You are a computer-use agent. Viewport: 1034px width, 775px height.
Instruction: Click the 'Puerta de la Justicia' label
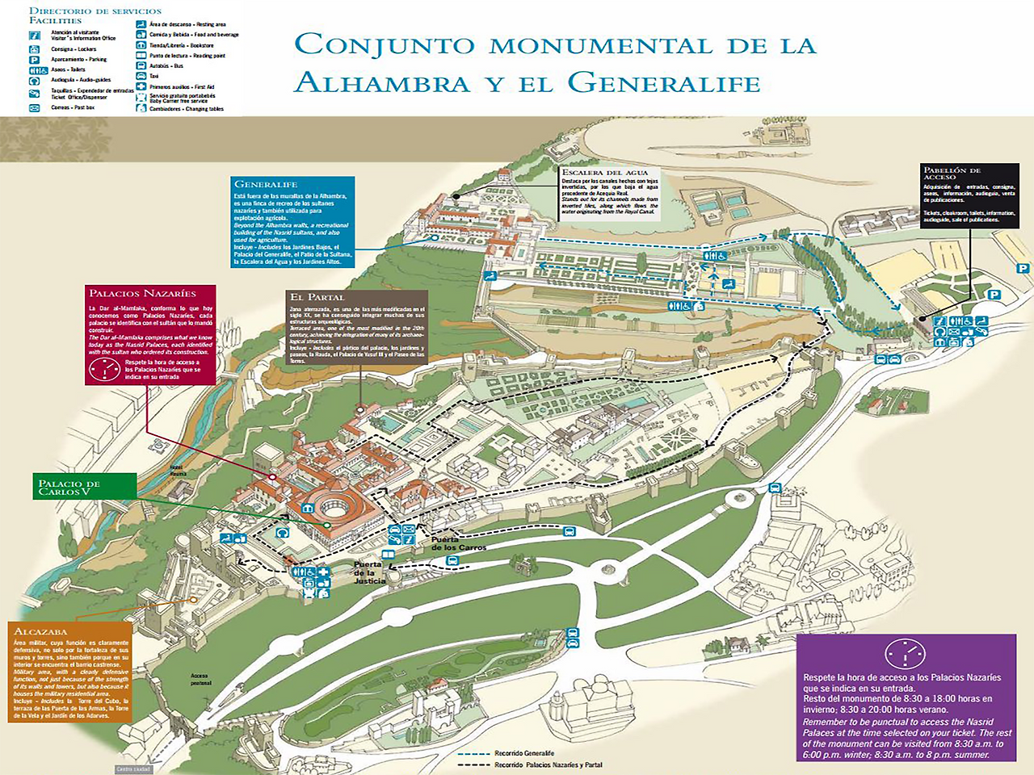coord(368,572)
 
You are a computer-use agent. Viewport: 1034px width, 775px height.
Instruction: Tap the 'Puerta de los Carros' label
coord(458,543)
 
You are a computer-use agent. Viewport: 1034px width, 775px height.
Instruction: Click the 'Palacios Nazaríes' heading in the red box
coord(142,293)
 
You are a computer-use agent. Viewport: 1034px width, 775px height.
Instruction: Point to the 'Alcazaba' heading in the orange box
coord(41,630)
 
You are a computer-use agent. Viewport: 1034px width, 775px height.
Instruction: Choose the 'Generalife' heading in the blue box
coord(266,184)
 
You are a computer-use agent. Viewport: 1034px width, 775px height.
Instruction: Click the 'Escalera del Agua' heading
coord(604,172)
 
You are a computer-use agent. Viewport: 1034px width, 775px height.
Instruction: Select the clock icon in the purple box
coord(905,653)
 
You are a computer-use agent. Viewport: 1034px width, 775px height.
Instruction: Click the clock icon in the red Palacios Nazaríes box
coord(104,369)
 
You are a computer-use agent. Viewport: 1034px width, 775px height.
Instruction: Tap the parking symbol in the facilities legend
coord(35,60)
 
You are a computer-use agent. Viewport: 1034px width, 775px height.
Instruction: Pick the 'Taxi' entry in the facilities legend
coord(153,76)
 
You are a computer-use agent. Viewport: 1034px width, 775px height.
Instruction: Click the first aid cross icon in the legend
coord(141,86)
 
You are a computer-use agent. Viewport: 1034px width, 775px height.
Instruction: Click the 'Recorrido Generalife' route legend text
coord(524,753)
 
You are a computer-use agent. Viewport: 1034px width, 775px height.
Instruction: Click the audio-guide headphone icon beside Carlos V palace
coord(282,533)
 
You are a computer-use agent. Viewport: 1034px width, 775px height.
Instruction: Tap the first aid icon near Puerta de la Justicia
coord(324,572)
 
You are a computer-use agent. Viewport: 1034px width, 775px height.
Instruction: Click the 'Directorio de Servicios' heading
coord(95,11)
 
